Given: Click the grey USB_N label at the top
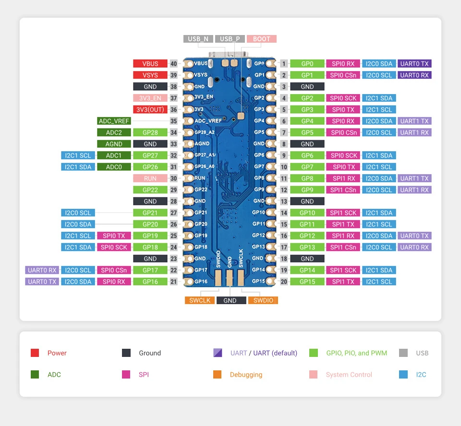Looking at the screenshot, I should pos(198,39).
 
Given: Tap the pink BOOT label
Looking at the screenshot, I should pos(262,39).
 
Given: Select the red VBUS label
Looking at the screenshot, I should pos(150,63).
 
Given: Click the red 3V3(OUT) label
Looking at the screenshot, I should pos(150,109).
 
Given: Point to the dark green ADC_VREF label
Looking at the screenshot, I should pos(114,121).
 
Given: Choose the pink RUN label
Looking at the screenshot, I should pos(150,178).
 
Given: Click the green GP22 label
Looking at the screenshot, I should pos(150,189).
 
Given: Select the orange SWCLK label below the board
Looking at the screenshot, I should pos(199,300).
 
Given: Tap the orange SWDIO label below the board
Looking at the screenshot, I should pos(263,300).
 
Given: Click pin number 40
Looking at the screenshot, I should pos(173,63).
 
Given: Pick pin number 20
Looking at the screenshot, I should pos(284,282).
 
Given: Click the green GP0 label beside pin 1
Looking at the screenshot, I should pos(307,63).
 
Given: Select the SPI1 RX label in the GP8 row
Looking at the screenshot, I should pos(343,178).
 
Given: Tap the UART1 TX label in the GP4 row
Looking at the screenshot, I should pos(414,121).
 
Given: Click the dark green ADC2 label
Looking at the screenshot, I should pos(114,132).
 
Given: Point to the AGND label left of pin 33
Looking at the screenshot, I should pos(114,144).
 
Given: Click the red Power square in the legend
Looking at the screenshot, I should pos(35,353).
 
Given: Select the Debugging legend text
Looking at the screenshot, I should pos(246,375).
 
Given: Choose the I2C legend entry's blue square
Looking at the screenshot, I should pos(403,375).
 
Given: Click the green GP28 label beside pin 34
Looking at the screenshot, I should pos(150,132).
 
